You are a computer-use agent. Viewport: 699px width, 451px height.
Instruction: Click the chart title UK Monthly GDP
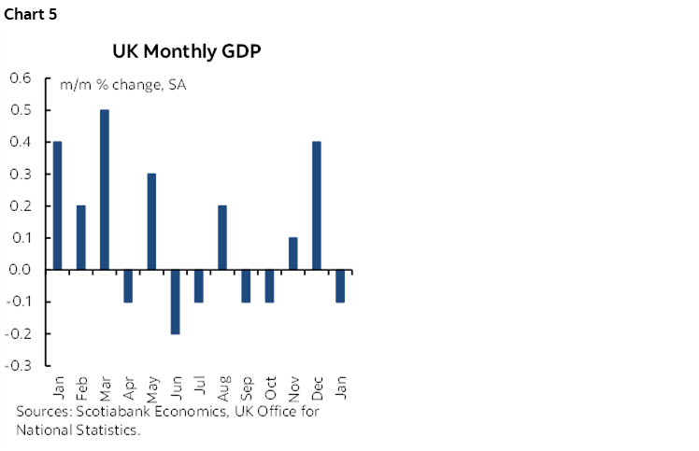click(187, 51)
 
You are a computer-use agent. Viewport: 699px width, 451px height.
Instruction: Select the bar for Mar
click(104, 190)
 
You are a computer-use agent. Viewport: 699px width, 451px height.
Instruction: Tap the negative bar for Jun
click(175, 302)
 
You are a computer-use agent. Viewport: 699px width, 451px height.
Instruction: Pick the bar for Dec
click(318, 205)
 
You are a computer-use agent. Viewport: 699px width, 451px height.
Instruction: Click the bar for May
click(151, 221)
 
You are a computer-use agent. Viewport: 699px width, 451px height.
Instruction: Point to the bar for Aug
click(222, 237)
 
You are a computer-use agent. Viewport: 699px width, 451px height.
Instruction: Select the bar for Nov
click(293, 253)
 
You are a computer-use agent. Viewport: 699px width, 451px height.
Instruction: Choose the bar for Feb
click(80, 237)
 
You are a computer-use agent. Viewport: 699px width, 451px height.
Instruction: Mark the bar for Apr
click(127, 286)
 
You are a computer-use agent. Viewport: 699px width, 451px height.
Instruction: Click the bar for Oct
click(270, 286)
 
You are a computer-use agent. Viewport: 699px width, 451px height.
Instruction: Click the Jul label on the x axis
click(199, 386)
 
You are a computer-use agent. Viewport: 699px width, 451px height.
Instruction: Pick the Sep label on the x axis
click(247, 386)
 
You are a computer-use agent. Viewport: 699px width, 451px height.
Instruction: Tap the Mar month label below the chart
click(104, 386)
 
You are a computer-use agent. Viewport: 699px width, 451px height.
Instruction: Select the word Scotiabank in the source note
click(110, 412)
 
